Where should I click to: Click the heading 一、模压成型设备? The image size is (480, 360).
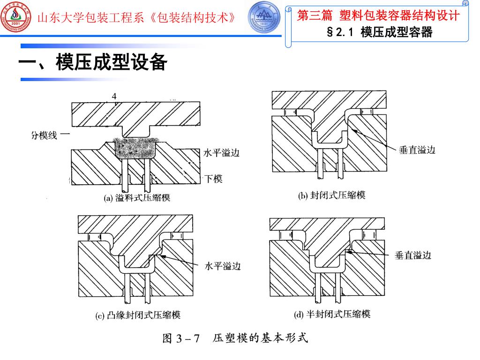93,62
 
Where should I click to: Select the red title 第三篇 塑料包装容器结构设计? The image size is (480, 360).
378,15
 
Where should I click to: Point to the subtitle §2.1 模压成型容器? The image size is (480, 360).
380,32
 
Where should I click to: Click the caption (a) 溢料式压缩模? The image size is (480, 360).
137,198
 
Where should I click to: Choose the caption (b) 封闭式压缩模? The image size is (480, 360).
332,195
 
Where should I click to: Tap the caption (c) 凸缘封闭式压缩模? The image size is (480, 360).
138,315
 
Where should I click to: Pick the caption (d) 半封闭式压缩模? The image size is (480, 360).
332,314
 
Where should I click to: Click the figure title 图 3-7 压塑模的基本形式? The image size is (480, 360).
235,338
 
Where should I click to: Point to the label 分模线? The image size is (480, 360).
44,135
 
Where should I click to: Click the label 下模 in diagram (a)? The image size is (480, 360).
213,179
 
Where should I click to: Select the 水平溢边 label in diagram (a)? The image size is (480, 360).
221,153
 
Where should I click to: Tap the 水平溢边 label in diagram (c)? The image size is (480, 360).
223,266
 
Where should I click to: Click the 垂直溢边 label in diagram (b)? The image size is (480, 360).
417,150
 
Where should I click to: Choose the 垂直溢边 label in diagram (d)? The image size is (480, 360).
413,255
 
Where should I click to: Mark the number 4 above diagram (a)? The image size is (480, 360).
114,97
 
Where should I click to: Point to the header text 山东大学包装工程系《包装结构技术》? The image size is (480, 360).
136,18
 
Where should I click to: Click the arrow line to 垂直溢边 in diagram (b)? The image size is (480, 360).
374,139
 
